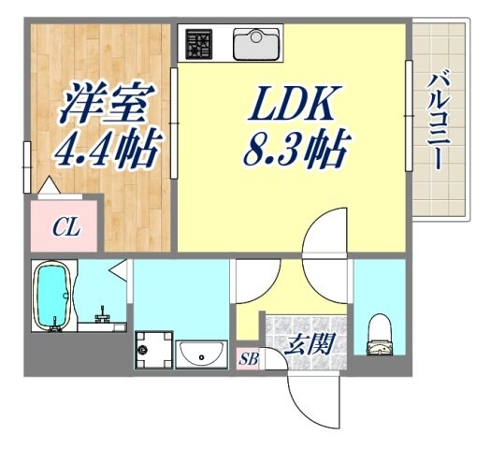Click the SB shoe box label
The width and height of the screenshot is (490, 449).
tap(248, 358)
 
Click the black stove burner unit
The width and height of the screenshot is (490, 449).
tap(199, 42)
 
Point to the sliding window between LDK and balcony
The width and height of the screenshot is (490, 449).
tap(408, 116)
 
